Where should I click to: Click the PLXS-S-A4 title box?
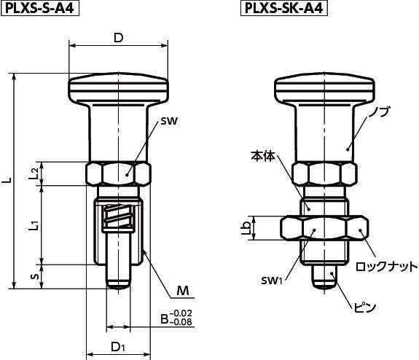(x=40, y=8)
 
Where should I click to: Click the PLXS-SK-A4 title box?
(x=284, y=8)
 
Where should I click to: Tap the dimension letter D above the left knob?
(x=118, y=38)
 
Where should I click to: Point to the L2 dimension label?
(x=34, y=173)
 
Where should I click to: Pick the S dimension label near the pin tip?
(x=34, y=276)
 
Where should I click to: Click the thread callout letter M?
(x=183, y=291)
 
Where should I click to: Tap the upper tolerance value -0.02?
(x=181, y=313)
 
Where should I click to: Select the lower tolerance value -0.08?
(x=181, y=322)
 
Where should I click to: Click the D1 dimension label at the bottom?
(x=118, y=347)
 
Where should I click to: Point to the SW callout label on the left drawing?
(x=169, y=121)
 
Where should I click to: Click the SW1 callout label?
(x=272, y=281)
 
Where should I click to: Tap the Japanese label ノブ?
(x=379, y=111)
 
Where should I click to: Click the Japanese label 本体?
(x=262, y=155)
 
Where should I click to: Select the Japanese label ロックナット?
(x=386, y=267)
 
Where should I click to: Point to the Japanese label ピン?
(x=365, y=308)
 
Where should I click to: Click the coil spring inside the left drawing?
(x=118, y=216)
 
